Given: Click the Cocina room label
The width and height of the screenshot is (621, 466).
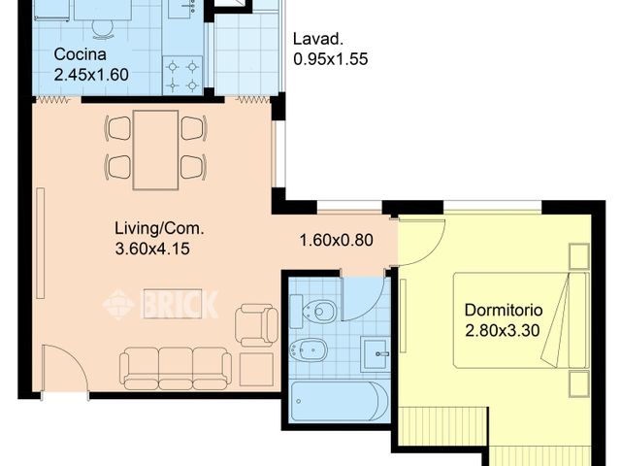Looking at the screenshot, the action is pyautogui.click(x=80, y=54).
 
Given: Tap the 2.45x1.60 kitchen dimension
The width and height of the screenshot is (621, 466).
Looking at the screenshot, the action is pyautogui.click(x=91, y=75).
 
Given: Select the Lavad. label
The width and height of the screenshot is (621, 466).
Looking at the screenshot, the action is pyautogui.click(x=317, y=39).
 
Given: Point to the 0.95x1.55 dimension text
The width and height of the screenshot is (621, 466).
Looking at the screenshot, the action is pyautogui.click(x=331, y=59).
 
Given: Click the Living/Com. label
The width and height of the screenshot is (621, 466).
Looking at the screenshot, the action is pyautogui.click(x=159, y=229).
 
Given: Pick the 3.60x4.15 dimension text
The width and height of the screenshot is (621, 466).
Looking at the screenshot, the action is pyautogui.click(x=152, y=249).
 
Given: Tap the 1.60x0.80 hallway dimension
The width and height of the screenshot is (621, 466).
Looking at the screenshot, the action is pyautogui.click(x=337, y=240).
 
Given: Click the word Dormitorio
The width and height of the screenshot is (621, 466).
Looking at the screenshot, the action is pyautogui.click(x=504, y=310).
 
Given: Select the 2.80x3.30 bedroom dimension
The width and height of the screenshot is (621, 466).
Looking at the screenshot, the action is pyautogui.click(x=503, y=330).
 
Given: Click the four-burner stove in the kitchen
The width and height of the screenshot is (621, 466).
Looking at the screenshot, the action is pyautogui.click(x=182, y=76).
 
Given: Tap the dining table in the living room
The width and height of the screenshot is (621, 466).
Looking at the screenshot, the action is pyautogui.click(x=155, y=150).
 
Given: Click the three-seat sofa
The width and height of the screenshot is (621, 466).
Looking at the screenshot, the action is pyautogui.click(x=176, y=369).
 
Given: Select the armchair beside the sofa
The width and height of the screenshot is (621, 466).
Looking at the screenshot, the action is pyautogui.click(x=256, y=325).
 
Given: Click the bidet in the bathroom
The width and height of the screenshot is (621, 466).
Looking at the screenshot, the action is pyautogui.click(x=309, y=349).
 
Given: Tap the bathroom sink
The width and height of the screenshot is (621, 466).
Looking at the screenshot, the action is pyautogui.click(x=376, y=353).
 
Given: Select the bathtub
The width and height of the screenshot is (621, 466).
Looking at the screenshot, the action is pyautogui.click(x=340, y=401).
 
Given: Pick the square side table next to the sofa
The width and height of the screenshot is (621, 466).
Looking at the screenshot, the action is pyautogui.click(x=256, y=369).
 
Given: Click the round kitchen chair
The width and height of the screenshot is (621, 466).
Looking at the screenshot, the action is pyautogui.click(x=103, y=28).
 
